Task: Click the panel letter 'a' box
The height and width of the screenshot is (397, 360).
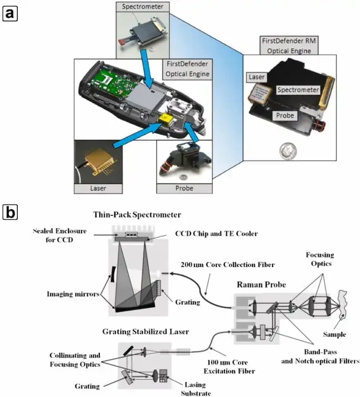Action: coord(10,14)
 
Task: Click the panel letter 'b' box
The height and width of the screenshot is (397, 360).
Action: coord(10,212)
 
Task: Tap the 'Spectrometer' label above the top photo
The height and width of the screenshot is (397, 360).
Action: coord(143,7)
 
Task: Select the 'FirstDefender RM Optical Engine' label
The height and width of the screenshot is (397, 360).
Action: coord(289,46)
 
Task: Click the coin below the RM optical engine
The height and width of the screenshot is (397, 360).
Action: coord(288,151)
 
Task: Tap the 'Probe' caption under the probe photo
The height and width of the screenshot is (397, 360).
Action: coord(184,188)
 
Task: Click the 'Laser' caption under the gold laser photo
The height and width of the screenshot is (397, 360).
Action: coord(98,188)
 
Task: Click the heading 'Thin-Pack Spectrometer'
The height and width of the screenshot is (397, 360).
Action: coord(137,215)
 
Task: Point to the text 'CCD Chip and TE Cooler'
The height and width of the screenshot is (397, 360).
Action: coord(216,234)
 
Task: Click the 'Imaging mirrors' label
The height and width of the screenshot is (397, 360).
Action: coord(73,294)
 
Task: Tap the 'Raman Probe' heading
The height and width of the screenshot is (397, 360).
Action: coord(261,284)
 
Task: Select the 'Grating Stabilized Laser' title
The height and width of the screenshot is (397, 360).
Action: coord(145,332)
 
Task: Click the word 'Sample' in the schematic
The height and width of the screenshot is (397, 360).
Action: coord(334,335)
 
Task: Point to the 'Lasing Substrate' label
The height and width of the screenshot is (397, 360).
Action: coord(196,389)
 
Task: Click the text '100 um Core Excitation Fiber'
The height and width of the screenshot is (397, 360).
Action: coord(229,367)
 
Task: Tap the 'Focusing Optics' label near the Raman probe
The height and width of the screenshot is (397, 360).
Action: coord(320,259)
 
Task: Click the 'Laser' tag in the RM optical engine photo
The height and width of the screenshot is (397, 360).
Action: coord(256,77)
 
